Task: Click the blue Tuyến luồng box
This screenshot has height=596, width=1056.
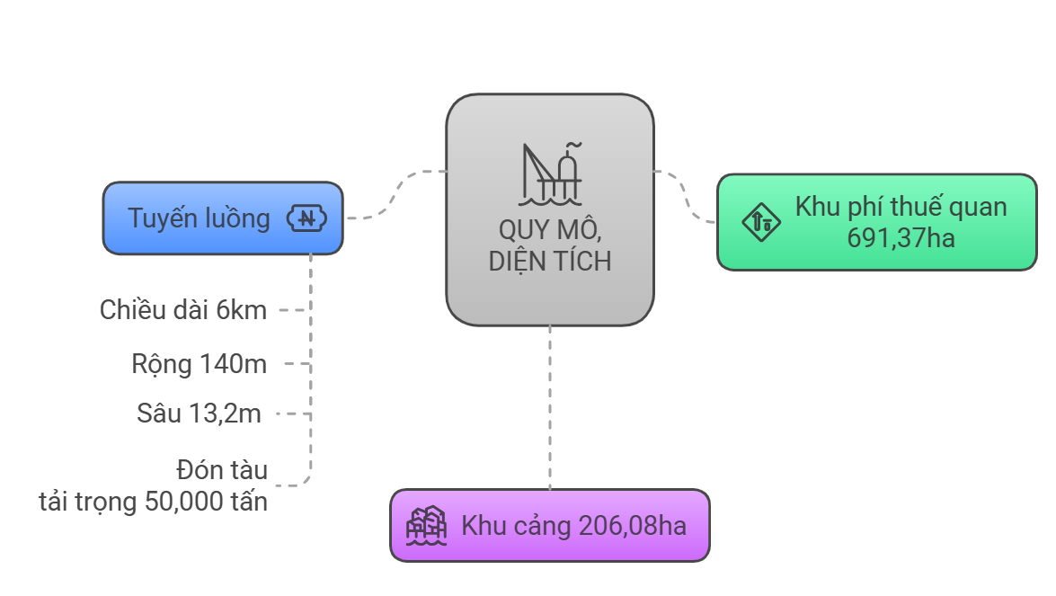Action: click(223, 218)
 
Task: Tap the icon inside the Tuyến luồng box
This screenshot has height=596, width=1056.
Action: click(307, 218)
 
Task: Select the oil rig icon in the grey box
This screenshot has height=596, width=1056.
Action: click(550, 173)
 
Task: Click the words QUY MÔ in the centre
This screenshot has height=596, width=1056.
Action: click(550, 230)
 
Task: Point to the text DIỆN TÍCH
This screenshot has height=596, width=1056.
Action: click(550, 262)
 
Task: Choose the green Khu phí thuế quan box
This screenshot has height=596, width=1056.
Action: click(877, 222)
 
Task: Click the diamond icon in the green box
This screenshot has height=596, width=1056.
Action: click(761, 221)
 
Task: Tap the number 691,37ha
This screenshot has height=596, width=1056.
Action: click(901, 238)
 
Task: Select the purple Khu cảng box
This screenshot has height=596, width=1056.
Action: click(550, 525)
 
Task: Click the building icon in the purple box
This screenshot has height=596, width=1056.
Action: click(426, 525)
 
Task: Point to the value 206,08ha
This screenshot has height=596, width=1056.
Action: click(633, 526)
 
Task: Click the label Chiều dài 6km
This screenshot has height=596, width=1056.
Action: click(183, 310)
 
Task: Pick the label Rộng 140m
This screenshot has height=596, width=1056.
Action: click(200, 364)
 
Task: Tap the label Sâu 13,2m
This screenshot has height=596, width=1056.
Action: click(199, 414)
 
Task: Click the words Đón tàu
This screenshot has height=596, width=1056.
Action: click(222, 470)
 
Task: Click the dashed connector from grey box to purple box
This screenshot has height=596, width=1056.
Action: click(550, 407)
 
